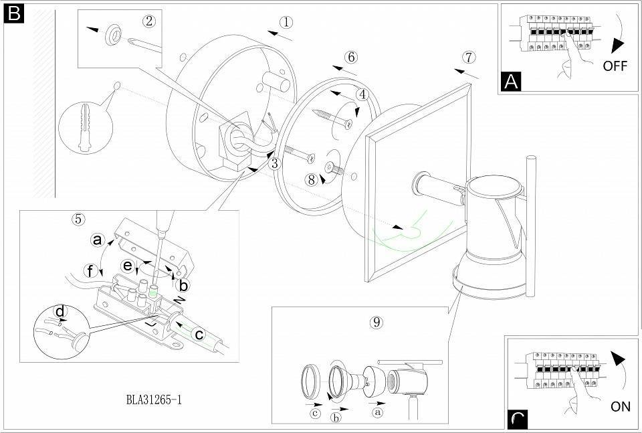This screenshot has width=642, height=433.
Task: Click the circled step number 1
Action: pyautogui.click(x=286, y=22)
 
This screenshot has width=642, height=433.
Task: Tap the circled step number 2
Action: pyautogui.click(x=149, y=21)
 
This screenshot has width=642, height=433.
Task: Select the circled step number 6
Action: pyautogui.click(x=351, y=58)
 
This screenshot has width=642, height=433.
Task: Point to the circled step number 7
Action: pyautogui.click(x=469, y=57)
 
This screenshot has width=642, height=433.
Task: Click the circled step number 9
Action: pyautogui.click(x=377, y=322)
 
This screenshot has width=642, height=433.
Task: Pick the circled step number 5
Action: pyautogui.click(x=78, y=219)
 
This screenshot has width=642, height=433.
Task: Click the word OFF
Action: pyautogui.click(x=615, y=66)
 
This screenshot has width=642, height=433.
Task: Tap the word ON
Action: pyautogui.click(x=621, y=406)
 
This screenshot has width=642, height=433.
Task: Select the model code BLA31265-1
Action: pyautogui.click(x=154, y=400)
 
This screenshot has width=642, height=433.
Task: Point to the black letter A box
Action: pyautogui.click(x=512, y=82)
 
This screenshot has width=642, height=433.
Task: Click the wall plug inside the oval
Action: pyautogui.click(x=84, y=124)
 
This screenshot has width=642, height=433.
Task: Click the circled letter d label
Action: pyautogui.click(x=60, y=312)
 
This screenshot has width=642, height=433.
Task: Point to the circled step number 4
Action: pyautogui.click(x=362, y=95)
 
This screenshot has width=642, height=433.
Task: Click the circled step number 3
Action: pyautogui.click(x=274, y=162)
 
